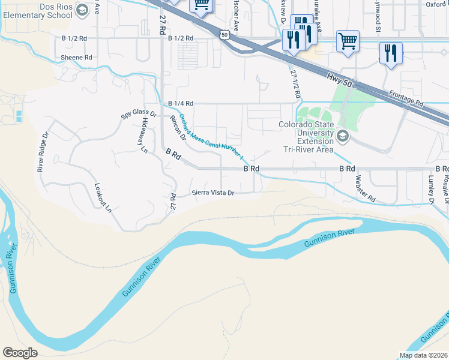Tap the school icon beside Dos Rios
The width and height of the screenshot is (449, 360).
82,9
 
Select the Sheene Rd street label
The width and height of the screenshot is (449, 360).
76,58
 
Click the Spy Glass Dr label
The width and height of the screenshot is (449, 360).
139,113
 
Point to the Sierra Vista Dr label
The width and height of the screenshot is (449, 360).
212,193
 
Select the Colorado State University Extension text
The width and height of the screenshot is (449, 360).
306,133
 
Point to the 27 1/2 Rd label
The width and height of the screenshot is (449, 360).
294,83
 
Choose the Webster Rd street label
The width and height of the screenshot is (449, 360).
365,188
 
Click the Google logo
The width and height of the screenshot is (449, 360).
20,353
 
